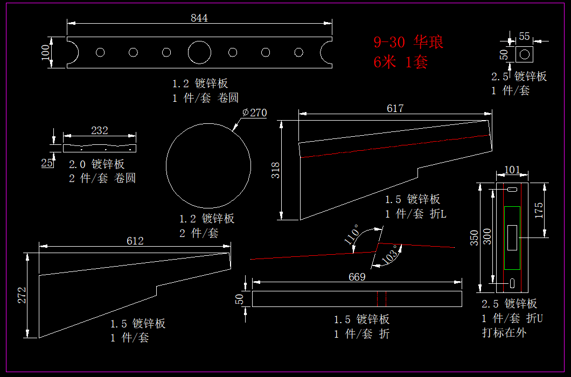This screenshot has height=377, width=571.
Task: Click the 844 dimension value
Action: [x=199, y=18]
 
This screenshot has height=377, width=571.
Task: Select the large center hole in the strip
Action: [x=199, y=52]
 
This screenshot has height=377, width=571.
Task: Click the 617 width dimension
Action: [x=395, y=108]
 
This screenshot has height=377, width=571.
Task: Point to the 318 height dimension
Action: [x=276, y=170]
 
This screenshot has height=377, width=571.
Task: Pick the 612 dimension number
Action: [x=135, y=241]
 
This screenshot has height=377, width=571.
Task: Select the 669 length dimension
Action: [x=357, y=277]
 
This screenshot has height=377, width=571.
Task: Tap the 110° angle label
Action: [x=351, y=235]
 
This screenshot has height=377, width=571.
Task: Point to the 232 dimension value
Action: [x=100, y=130]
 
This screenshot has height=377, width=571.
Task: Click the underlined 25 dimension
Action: [x=47, y=163]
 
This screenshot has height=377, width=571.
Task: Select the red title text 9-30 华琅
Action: [x=408, y=42]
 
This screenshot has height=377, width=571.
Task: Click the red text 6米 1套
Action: [x=401, y=62]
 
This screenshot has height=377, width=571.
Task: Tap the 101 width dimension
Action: [x=512, y=170]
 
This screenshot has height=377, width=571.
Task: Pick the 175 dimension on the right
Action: [x=539, y=210]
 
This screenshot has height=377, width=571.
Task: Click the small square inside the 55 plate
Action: [x=524, y=54]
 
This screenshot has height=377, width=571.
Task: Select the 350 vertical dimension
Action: [x=474, y=238]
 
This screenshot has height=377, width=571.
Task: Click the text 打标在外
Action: [x=504, y=332]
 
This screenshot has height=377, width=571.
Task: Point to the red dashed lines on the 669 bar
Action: [x=382, y=299]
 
